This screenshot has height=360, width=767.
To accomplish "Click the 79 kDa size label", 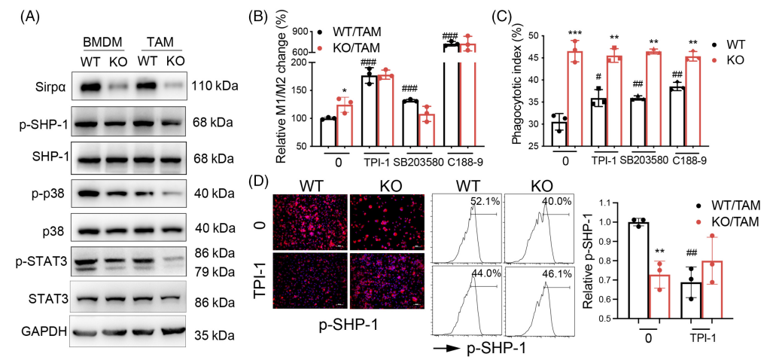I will tap(213, 270).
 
